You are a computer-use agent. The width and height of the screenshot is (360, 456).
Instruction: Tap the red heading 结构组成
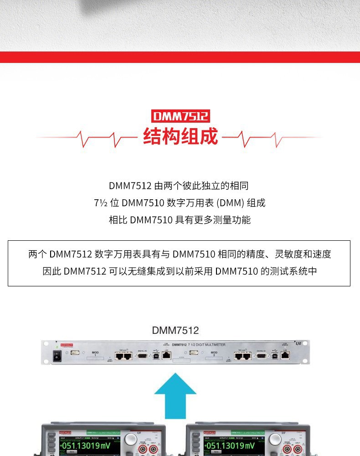coord(180,136)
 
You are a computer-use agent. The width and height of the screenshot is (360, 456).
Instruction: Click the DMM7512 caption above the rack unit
coord(175,330)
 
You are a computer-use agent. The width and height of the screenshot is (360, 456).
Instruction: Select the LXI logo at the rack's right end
coord(298,343)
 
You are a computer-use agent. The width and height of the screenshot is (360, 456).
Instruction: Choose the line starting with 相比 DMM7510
coord(180,220)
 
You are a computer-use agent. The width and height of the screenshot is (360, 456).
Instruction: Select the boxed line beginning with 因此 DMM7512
coord(180,271)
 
